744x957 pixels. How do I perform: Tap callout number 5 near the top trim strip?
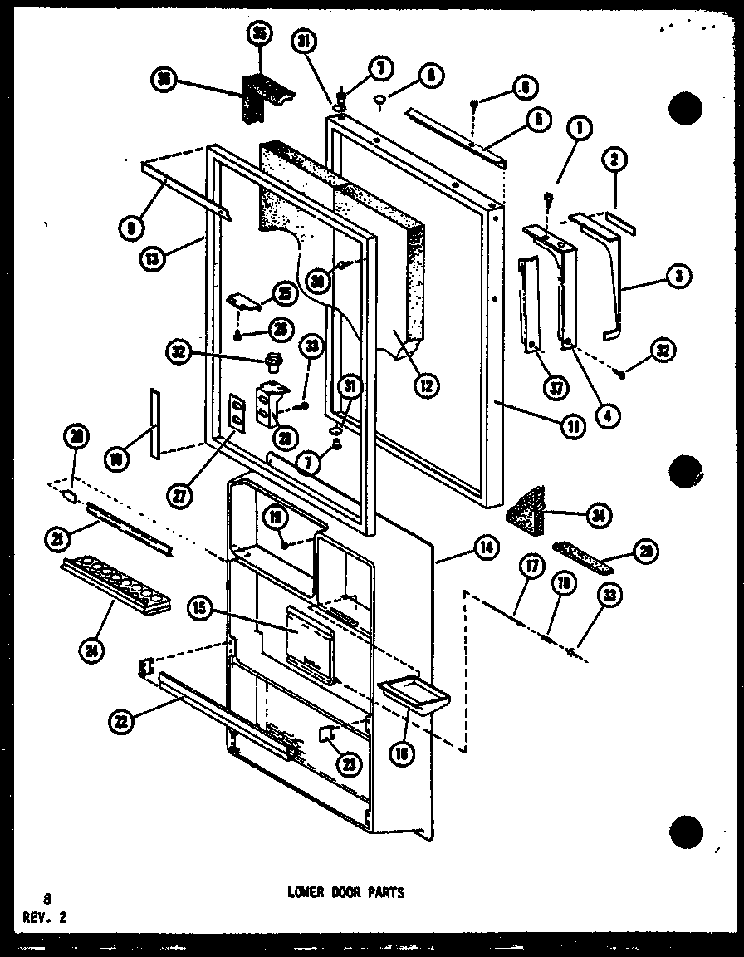tap(538, 119)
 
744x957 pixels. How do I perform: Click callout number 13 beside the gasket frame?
tap(153, 258)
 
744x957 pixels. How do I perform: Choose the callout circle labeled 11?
tap(573, 426)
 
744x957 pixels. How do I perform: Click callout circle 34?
tap(596, 515)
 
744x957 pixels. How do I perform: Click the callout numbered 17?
tap(531, 570)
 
